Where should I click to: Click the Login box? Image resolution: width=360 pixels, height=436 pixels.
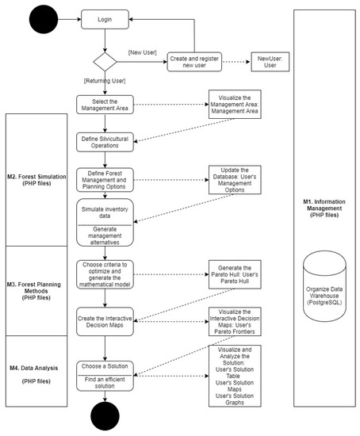click(x=105, y=19)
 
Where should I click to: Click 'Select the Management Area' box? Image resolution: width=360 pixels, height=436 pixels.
click(x=105, y=105)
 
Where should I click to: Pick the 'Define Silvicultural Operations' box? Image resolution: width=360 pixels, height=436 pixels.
click(x=105, y=140)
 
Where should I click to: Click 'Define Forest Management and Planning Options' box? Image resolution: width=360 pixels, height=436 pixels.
click(x=105, y=180)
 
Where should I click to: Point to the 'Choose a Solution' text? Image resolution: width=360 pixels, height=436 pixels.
click(x=105, y=366)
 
